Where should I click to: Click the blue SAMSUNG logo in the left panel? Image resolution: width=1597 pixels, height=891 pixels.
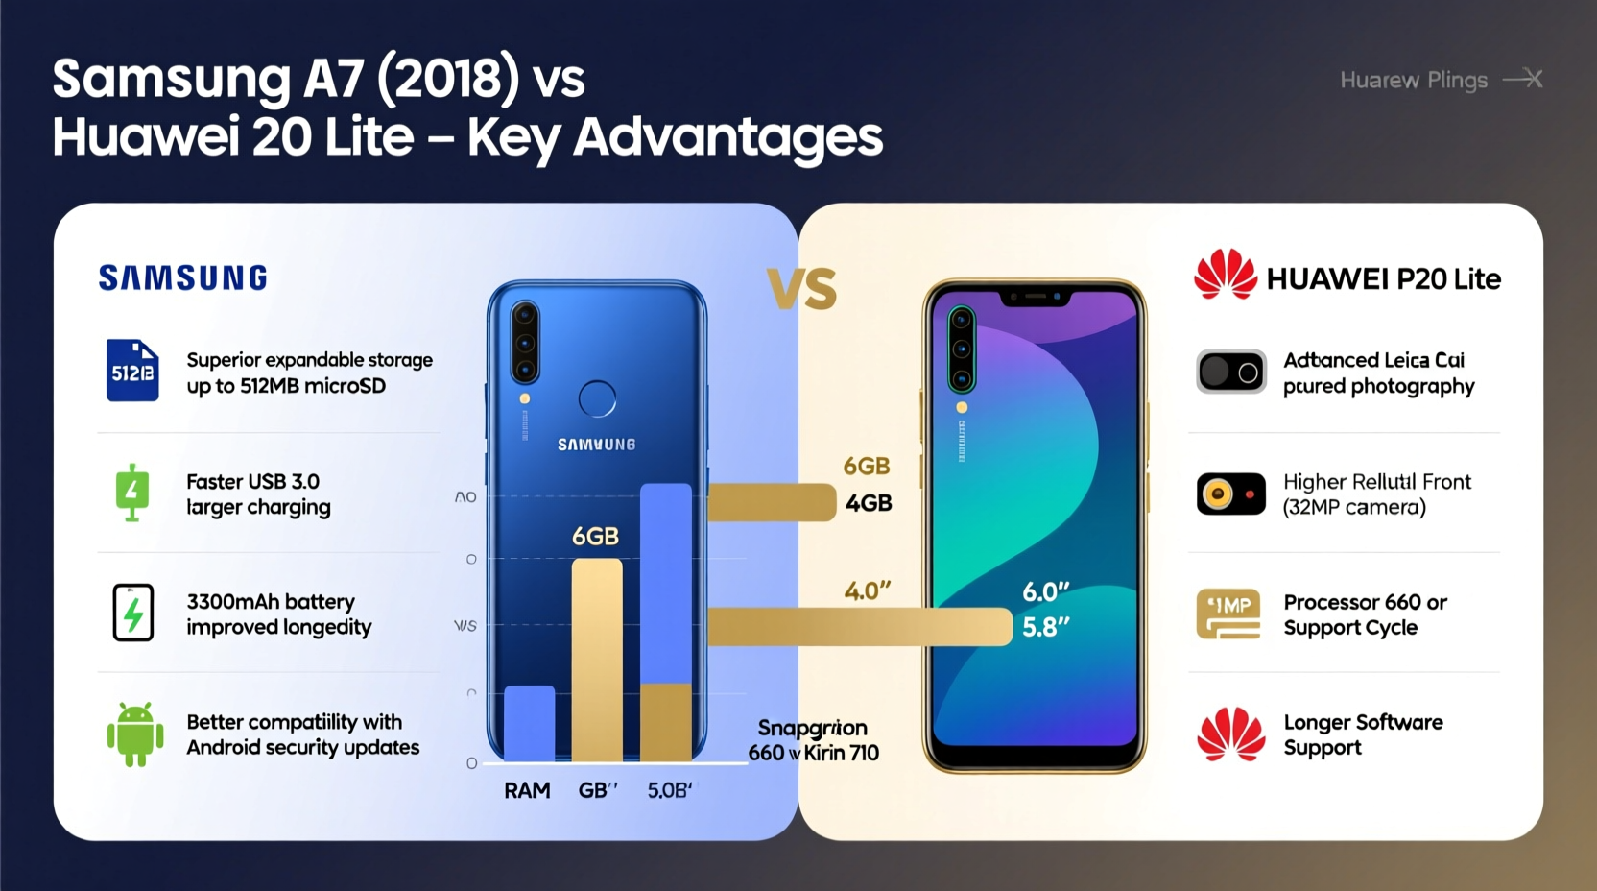[x=182, y=278]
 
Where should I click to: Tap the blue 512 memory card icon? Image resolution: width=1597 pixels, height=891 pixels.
[x=132, y=370]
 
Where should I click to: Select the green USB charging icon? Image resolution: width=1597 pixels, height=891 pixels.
[x=132, y=493]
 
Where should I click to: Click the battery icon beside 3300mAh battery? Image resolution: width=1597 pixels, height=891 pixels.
[x=133, y=613]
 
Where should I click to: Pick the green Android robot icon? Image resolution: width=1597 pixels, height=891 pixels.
[x=135, y=734]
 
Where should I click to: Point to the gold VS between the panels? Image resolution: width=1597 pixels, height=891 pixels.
[x=802, y=289]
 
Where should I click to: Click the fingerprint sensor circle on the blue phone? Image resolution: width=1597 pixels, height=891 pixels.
[x=597, y=398]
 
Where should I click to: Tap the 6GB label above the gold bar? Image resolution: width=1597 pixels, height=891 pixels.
[x=595, y=536]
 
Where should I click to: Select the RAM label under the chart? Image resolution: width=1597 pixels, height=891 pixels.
[x=527, y=790]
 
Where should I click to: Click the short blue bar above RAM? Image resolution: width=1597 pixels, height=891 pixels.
[x=529, y=722]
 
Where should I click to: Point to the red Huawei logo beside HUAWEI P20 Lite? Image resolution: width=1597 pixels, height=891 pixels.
[x=1225, y=276]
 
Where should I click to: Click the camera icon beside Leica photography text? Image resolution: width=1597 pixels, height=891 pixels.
[x=1231, y=372]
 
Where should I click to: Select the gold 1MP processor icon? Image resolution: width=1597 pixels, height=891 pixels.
[x=1228, y=614]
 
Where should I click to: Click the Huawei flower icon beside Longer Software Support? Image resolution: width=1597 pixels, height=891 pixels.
[x=1231, y=734]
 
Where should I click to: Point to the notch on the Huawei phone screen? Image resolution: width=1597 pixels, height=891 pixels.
[x=1035, y=299]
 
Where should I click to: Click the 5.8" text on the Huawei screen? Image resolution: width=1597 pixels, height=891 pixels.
[x=1045, y=627]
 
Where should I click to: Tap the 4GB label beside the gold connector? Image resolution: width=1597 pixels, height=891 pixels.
[x=869, y=503]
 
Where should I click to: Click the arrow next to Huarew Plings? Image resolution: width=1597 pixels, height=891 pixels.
[x=1523, y=79]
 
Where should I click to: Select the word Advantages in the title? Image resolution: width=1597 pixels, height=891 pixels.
[x=727, y=136]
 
